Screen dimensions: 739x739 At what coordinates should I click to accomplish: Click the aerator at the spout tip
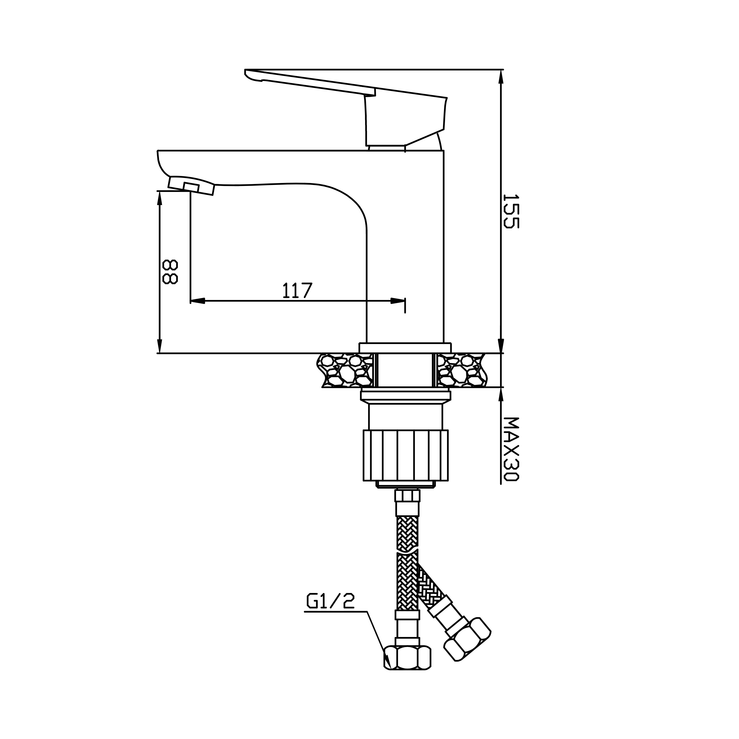191,186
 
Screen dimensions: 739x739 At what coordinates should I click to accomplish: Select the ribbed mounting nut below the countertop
405,455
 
